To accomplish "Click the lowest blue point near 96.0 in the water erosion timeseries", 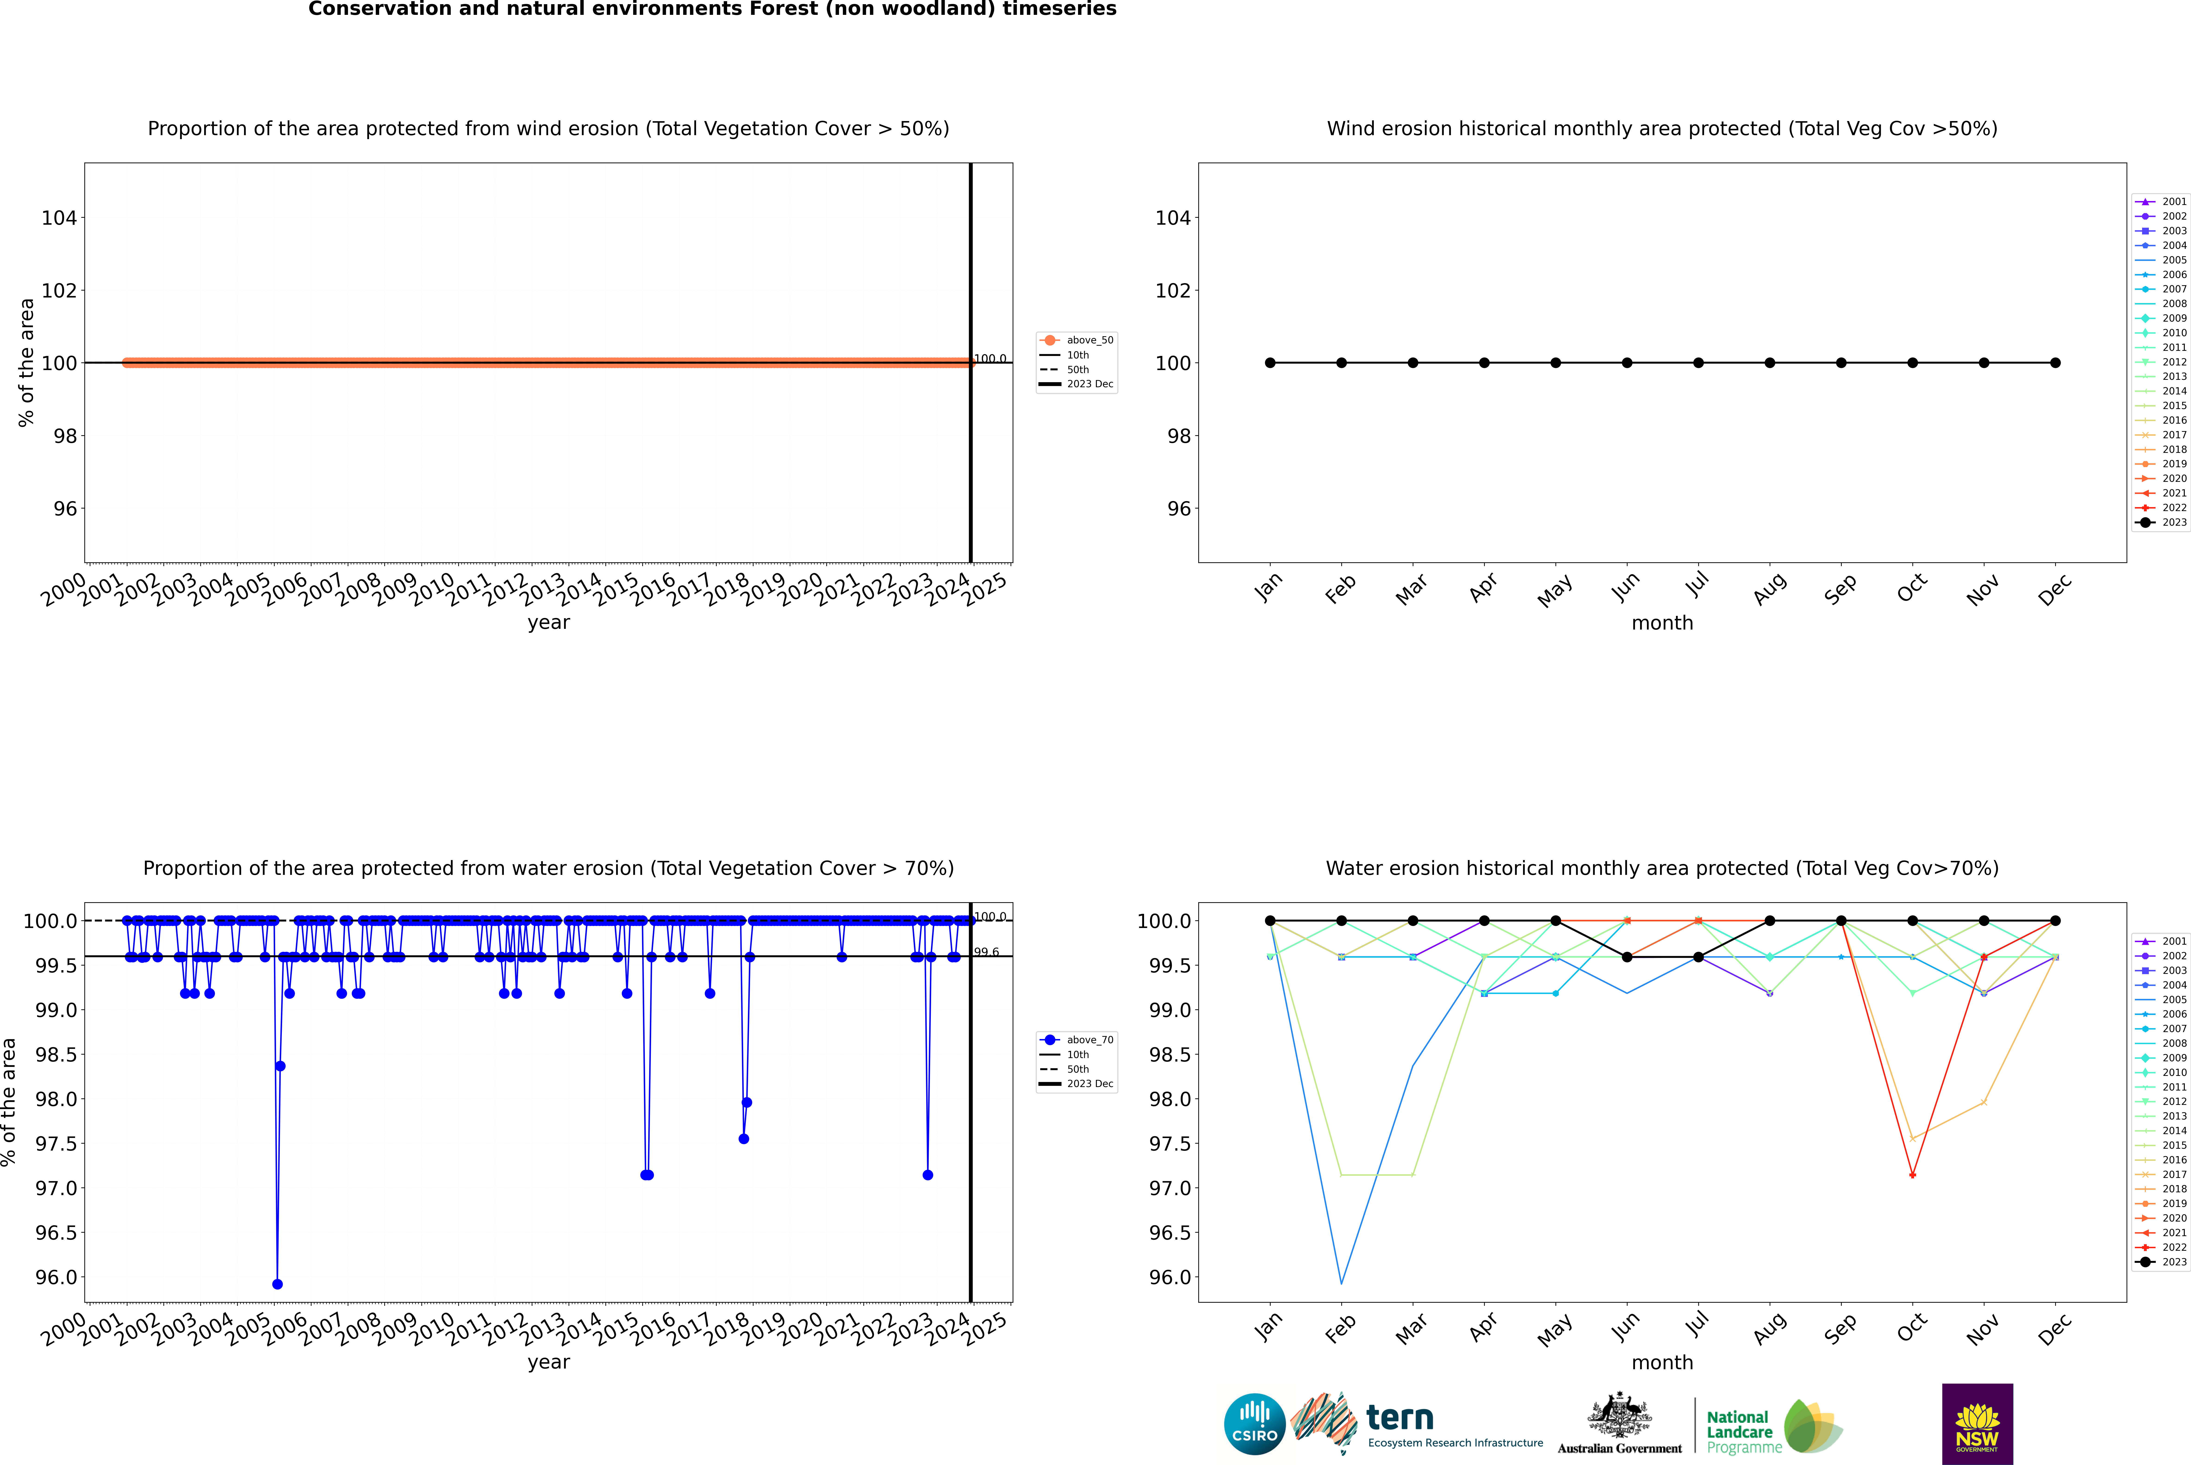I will tap(277, 1284).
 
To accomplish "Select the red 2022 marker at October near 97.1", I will tap(1913, 1174).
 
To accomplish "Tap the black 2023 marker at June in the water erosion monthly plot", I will tap(1627, 957).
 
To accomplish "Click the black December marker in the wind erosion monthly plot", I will tap(2056, 362).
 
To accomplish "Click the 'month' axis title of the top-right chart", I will tap(1662, 623).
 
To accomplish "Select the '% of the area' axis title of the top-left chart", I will tap(26, 362).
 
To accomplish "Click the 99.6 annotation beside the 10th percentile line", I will tap(986, 952).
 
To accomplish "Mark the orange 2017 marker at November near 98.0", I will tap(1984, 1103).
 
